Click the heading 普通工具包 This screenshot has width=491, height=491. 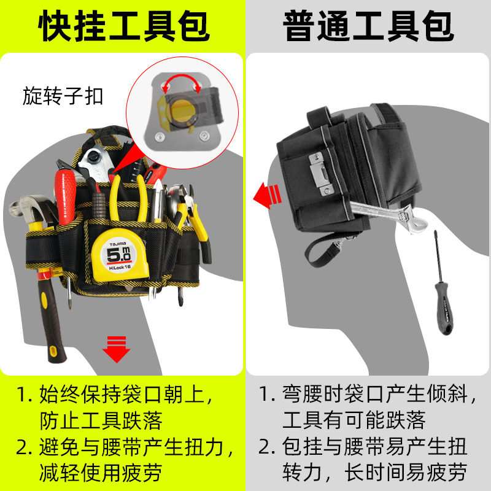(368, 26)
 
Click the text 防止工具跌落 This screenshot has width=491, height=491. (101, 421)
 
